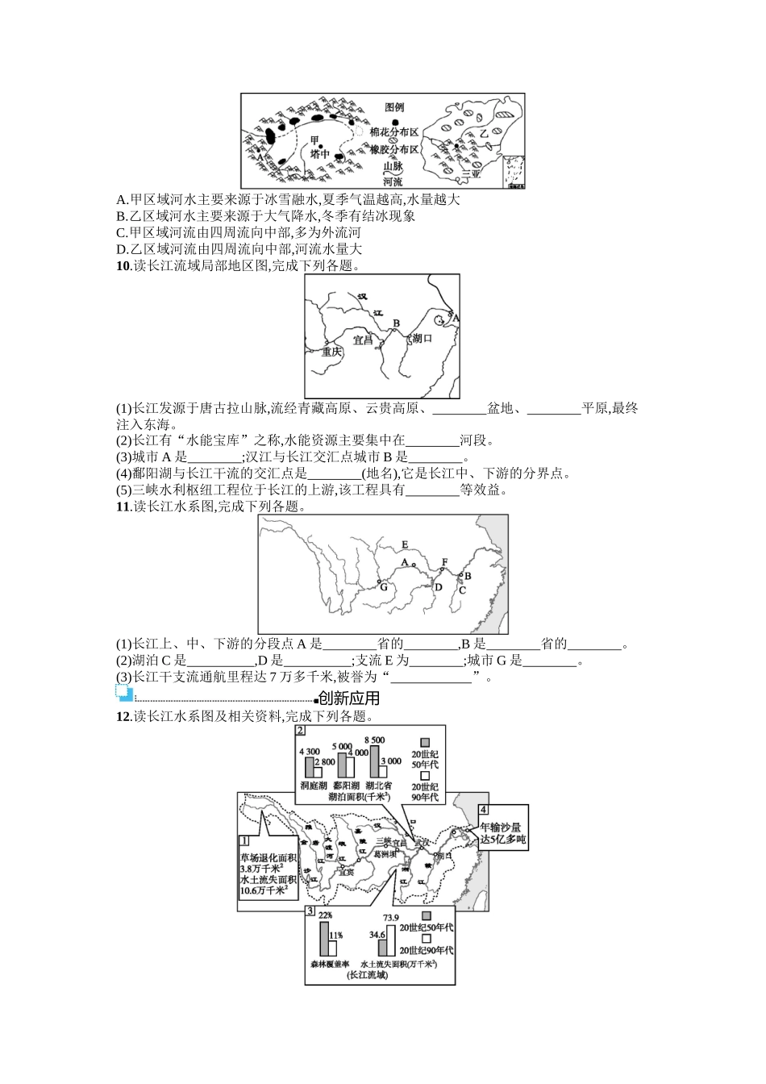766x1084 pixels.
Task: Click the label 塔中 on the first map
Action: click(320, 154)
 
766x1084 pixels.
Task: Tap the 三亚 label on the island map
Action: click(471, 173)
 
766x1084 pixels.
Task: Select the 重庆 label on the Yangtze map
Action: click(331, 352)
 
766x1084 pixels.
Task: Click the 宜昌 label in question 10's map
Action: click(364, 340)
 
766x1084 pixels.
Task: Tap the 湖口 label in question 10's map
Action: click(422, 339)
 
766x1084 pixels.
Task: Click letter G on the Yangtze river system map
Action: click(384, 588)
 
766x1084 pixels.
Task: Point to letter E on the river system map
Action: click(405, 544)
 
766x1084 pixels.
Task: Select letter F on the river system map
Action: click(443, 561)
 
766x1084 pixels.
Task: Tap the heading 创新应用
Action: click(349, 698)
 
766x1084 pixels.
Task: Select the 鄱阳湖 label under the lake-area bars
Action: click(345, 785)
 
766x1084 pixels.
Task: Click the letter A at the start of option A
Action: click(121, 200)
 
